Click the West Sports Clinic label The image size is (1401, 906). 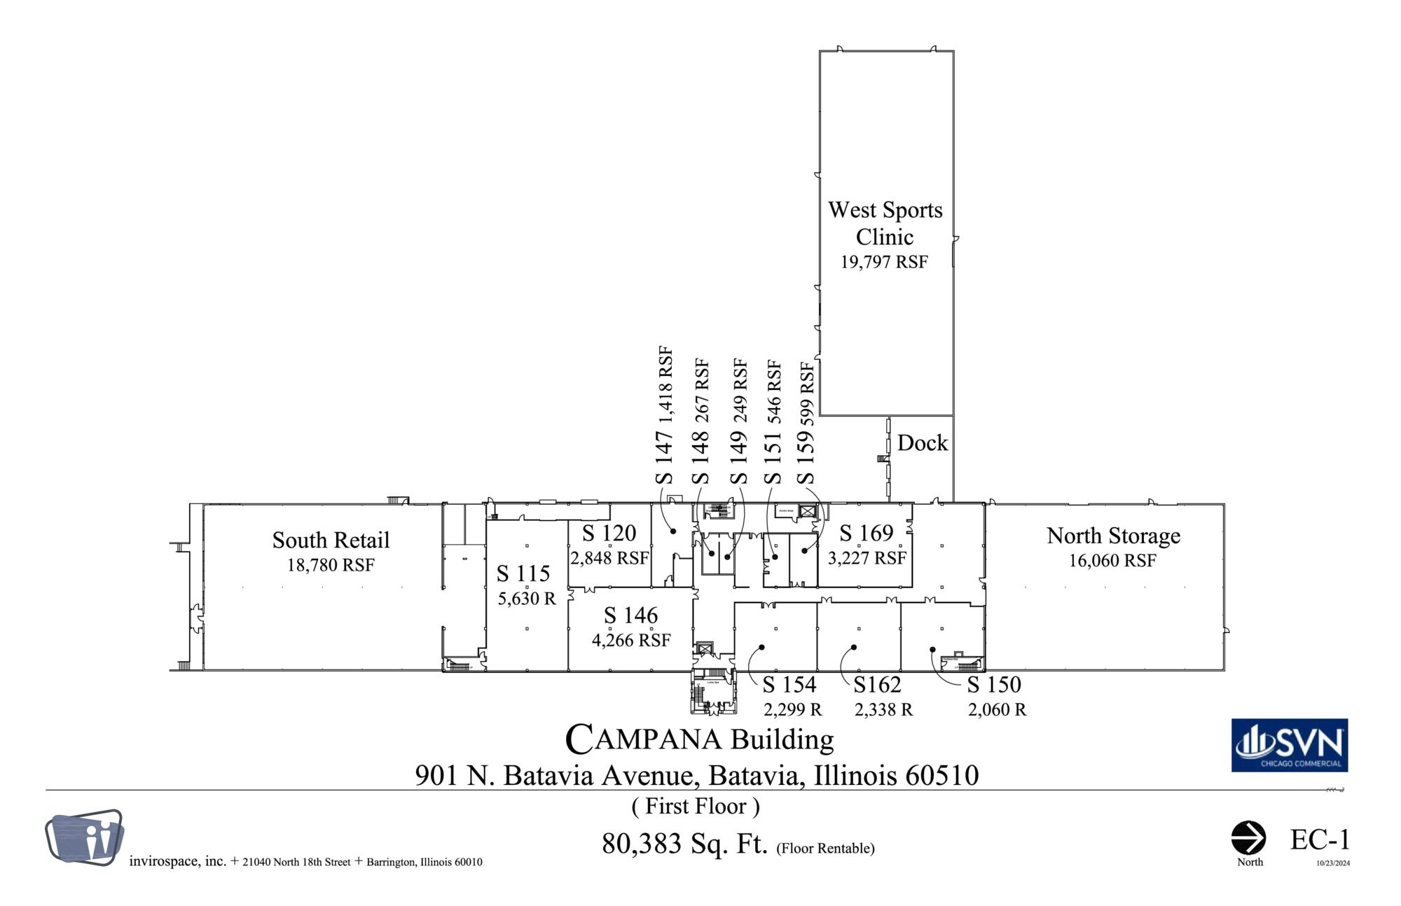click(885, 223)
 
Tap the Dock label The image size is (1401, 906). click(922, 443)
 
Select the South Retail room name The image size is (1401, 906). click(331, 541)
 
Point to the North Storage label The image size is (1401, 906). click(1113, 536)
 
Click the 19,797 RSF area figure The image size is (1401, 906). click(884, 263)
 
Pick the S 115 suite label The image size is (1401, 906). click(523, 574)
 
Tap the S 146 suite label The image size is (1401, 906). click(630, 615)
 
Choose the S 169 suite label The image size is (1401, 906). click(867, 534)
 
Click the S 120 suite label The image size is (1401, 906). click(609, 534)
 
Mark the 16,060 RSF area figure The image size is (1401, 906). click(1112, 561)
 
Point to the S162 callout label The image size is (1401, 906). click(877, 685)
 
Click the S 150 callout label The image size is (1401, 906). click(994, 685)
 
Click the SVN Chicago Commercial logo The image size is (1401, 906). click(1289, 746)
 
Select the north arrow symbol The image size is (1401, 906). click(1248, 838)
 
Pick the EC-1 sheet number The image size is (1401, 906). click(1319, 840)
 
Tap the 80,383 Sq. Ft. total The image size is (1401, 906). click(684, 844)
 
